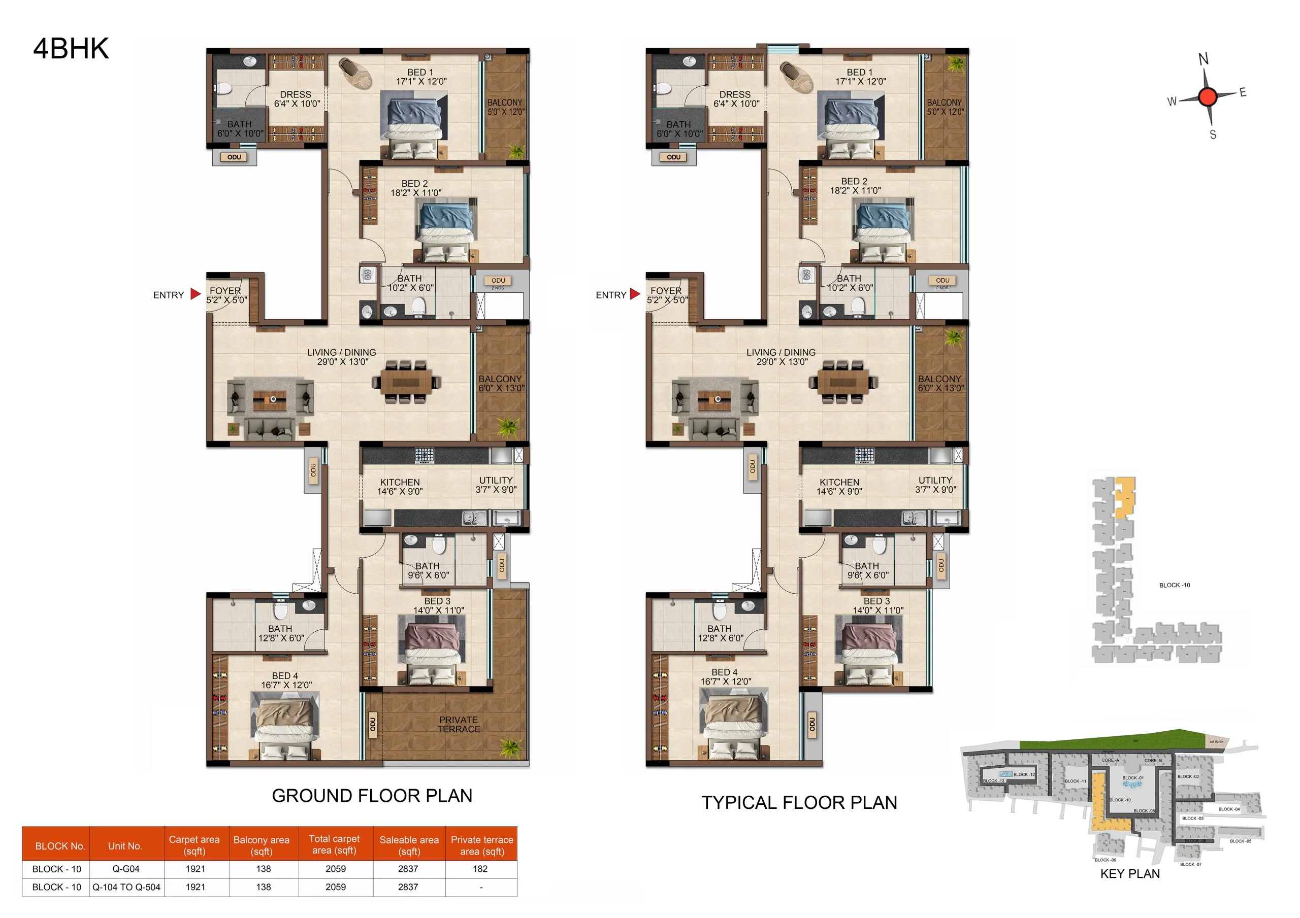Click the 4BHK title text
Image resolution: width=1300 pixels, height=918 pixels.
tap(71, 49)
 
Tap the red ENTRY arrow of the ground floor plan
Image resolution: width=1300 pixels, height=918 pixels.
tap(196, 294)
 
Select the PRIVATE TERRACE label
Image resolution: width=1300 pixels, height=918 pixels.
tap(458, 725)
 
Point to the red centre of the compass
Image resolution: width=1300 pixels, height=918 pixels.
tap(1207, 97)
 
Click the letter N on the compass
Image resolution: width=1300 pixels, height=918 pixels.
tap(1203, 59)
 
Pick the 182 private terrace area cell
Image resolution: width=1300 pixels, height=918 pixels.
tap(480, 869)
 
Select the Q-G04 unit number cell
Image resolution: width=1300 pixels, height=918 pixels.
tap(126, 869)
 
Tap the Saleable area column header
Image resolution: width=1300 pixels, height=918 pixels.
tap(409, 845)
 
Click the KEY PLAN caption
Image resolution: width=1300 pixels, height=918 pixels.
tap(1129, 873)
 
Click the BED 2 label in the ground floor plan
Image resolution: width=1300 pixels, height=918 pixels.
tap(415, 188)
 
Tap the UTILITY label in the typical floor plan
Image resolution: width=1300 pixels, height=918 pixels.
tap(935, 485)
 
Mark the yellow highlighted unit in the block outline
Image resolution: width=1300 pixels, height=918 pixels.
tap(1125, 497)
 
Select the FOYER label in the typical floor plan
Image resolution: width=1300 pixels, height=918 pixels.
tap(666, 295)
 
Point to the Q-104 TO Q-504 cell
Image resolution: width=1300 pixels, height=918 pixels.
tap(126, 887)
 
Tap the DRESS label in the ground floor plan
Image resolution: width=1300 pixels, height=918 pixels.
tap(296, 99)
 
